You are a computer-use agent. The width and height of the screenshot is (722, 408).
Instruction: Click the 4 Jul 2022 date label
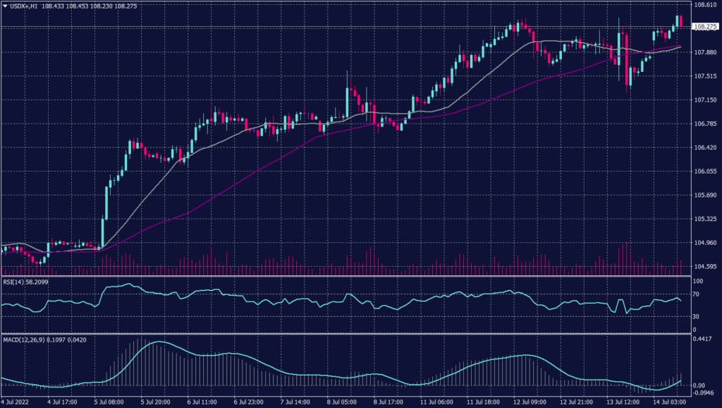[x=16, y=402]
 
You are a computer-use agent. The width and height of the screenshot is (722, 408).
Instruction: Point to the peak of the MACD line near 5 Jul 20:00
[x=158, y=342]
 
